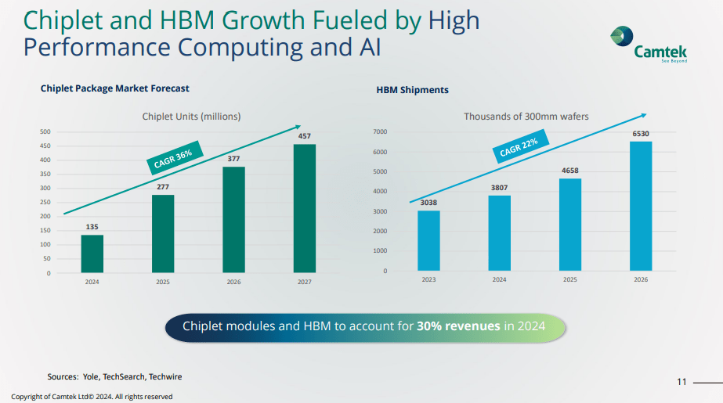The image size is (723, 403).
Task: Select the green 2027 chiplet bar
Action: pyautogui.click(x=305, y=208)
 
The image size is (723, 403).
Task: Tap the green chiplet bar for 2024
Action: pyautogui.click(x=92, y=254)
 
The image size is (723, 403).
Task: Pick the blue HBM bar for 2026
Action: pyautogui.click(x=641, y=206)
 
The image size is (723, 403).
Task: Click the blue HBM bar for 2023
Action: pyautogui.click(x=428, y=240)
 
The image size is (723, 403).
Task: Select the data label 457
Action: pyautogui.click(x=305, y=136)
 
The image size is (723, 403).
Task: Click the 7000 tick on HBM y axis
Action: pyautogui.click(x=380, y=132)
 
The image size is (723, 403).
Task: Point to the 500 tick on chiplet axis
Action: pyautogui.click(x=45, y=132)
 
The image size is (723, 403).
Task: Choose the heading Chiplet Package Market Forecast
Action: pyautogui.click(x=114, y=88)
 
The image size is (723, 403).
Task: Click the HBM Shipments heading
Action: pyautogui.click(x=413, y=90)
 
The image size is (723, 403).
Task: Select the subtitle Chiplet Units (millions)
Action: pyautogui.click(x=191, y=117)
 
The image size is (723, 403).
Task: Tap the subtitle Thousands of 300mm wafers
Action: pyautogui.click(x=526, y=117)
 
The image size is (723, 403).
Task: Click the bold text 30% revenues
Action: pyautogui.click(x=458, y=326)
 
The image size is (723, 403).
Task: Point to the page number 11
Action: pyautogui.click(x=681, y=381)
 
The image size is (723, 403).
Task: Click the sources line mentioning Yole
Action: pyautogui.click(x=114, y=377)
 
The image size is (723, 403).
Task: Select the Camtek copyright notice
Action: pyautogui.click(x=92, y=397)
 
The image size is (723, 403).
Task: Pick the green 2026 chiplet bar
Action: pyautogui.click(x=233, y=220)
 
